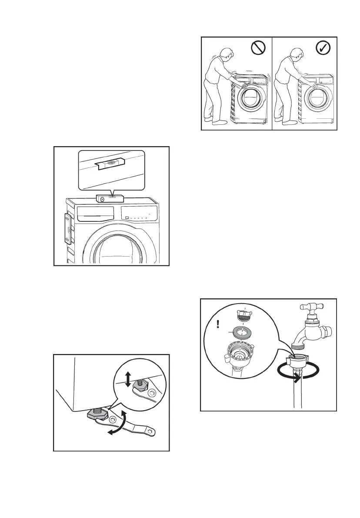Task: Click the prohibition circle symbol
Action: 258,49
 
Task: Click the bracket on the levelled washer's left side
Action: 67,229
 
